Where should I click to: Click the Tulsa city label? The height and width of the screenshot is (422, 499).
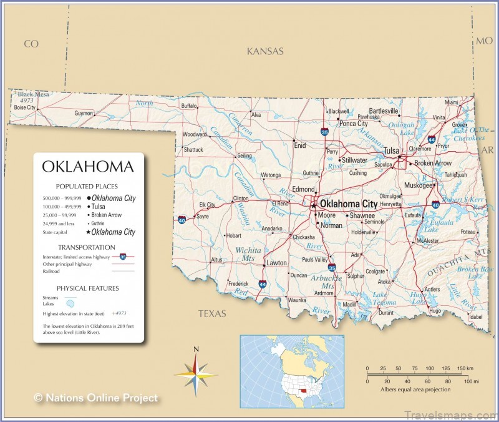391,151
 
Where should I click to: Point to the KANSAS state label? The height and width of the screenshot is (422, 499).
265,51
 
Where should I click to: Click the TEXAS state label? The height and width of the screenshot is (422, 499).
212,313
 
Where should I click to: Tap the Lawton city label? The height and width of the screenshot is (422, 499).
276,263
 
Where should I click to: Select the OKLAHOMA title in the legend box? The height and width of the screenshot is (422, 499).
87,167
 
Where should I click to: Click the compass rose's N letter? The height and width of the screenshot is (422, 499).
196,350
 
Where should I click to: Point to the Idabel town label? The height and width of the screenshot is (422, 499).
475,316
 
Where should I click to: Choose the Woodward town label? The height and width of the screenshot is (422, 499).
194,134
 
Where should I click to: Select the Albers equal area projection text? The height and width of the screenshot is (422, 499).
415,389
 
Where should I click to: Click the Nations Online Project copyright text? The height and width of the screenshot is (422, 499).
96,398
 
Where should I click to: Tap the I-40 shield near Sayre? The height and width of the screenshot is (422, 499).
181,220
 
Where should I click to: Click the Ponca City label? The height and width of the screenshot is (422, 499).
353,124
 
